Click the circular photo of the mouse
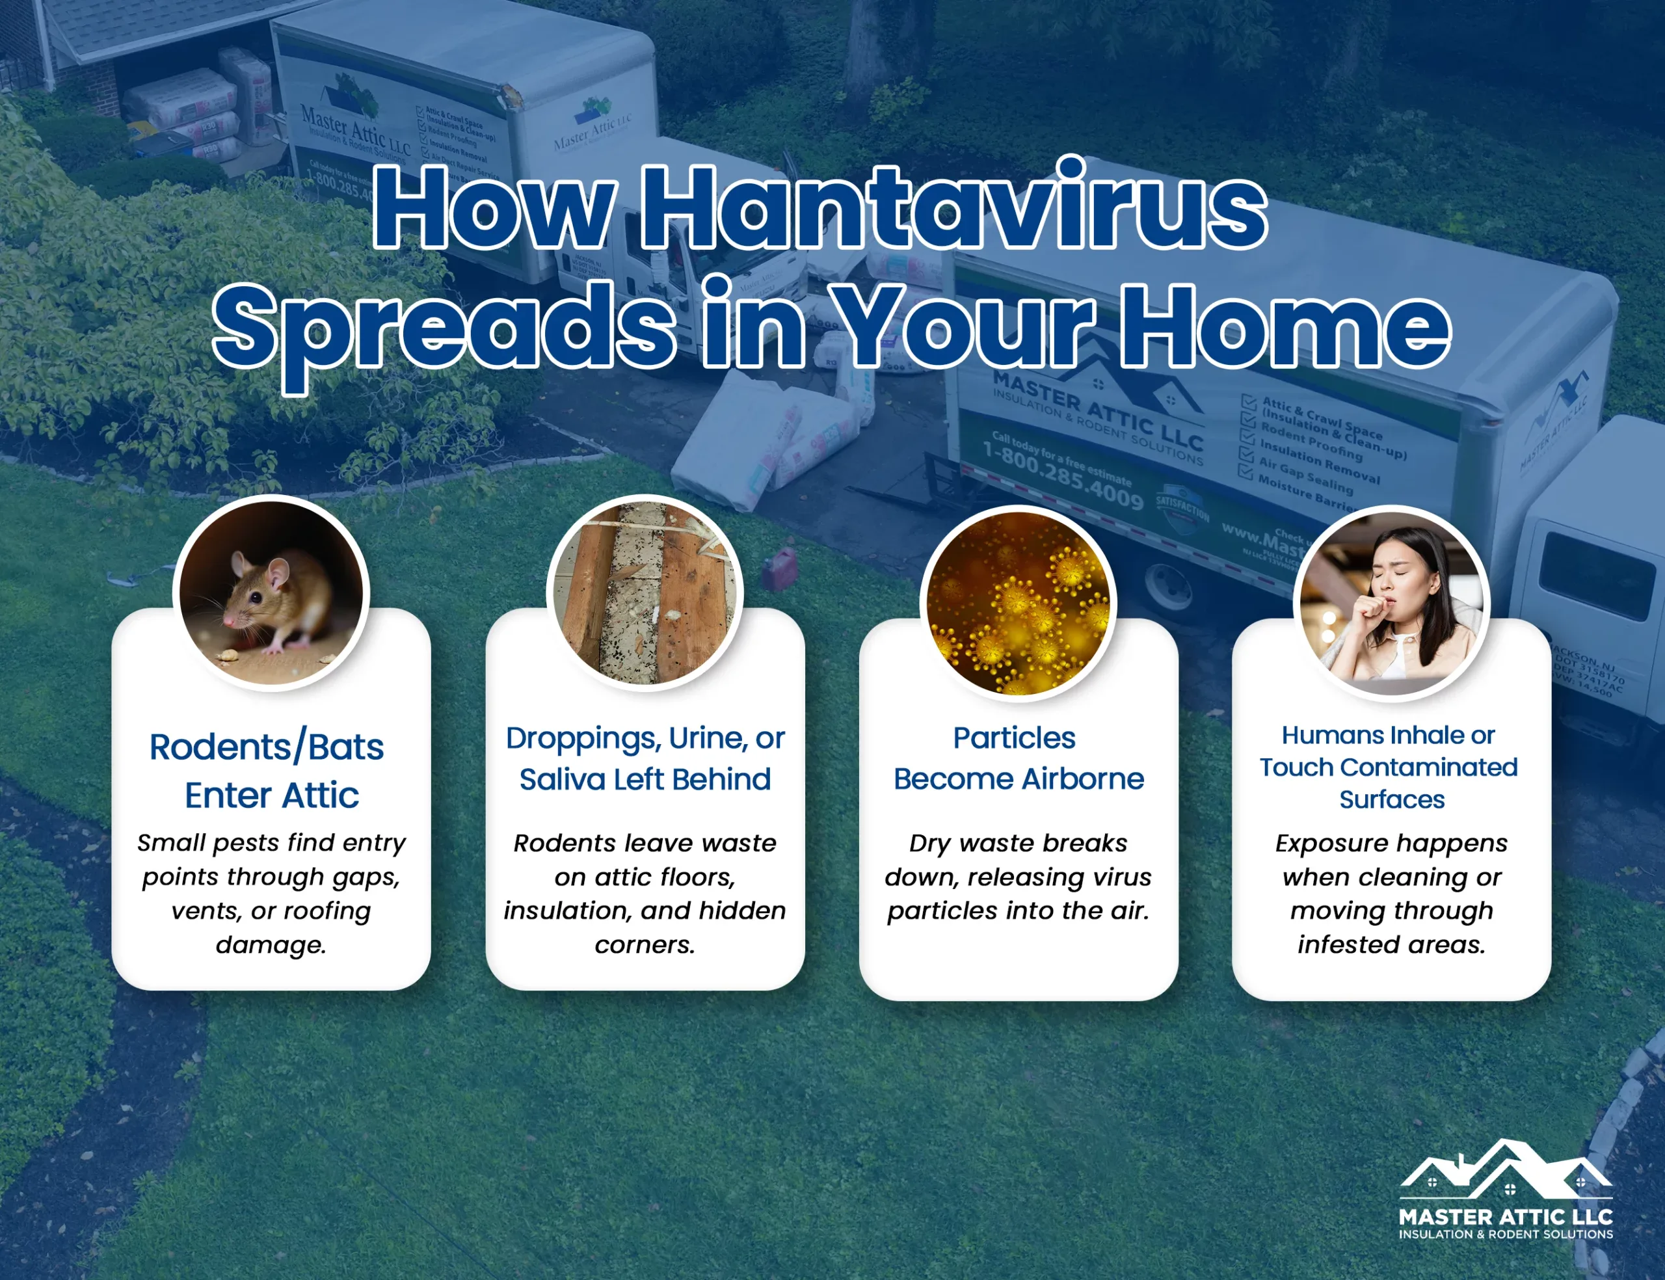[x=271, y=593]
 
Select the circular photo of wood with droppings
[x=645, y=593]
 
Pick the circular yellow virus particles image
[x=1019, y=604]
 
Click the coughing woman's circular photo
[x=1392, y=604]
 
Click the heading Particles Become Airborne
[x=1018, y=759]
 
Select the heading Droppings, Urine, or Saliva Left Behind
[x=645, y=759]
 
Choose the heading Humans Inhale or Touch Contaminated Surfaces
[x=1389, y=767]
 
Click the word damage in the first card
[x=271, y=945]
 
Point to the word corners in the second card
[x=645, y=945]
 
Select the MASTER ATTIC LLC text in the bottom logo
[x=1505, y=1216]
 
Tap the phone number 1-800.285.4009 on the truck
[x=1063, y=475]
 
